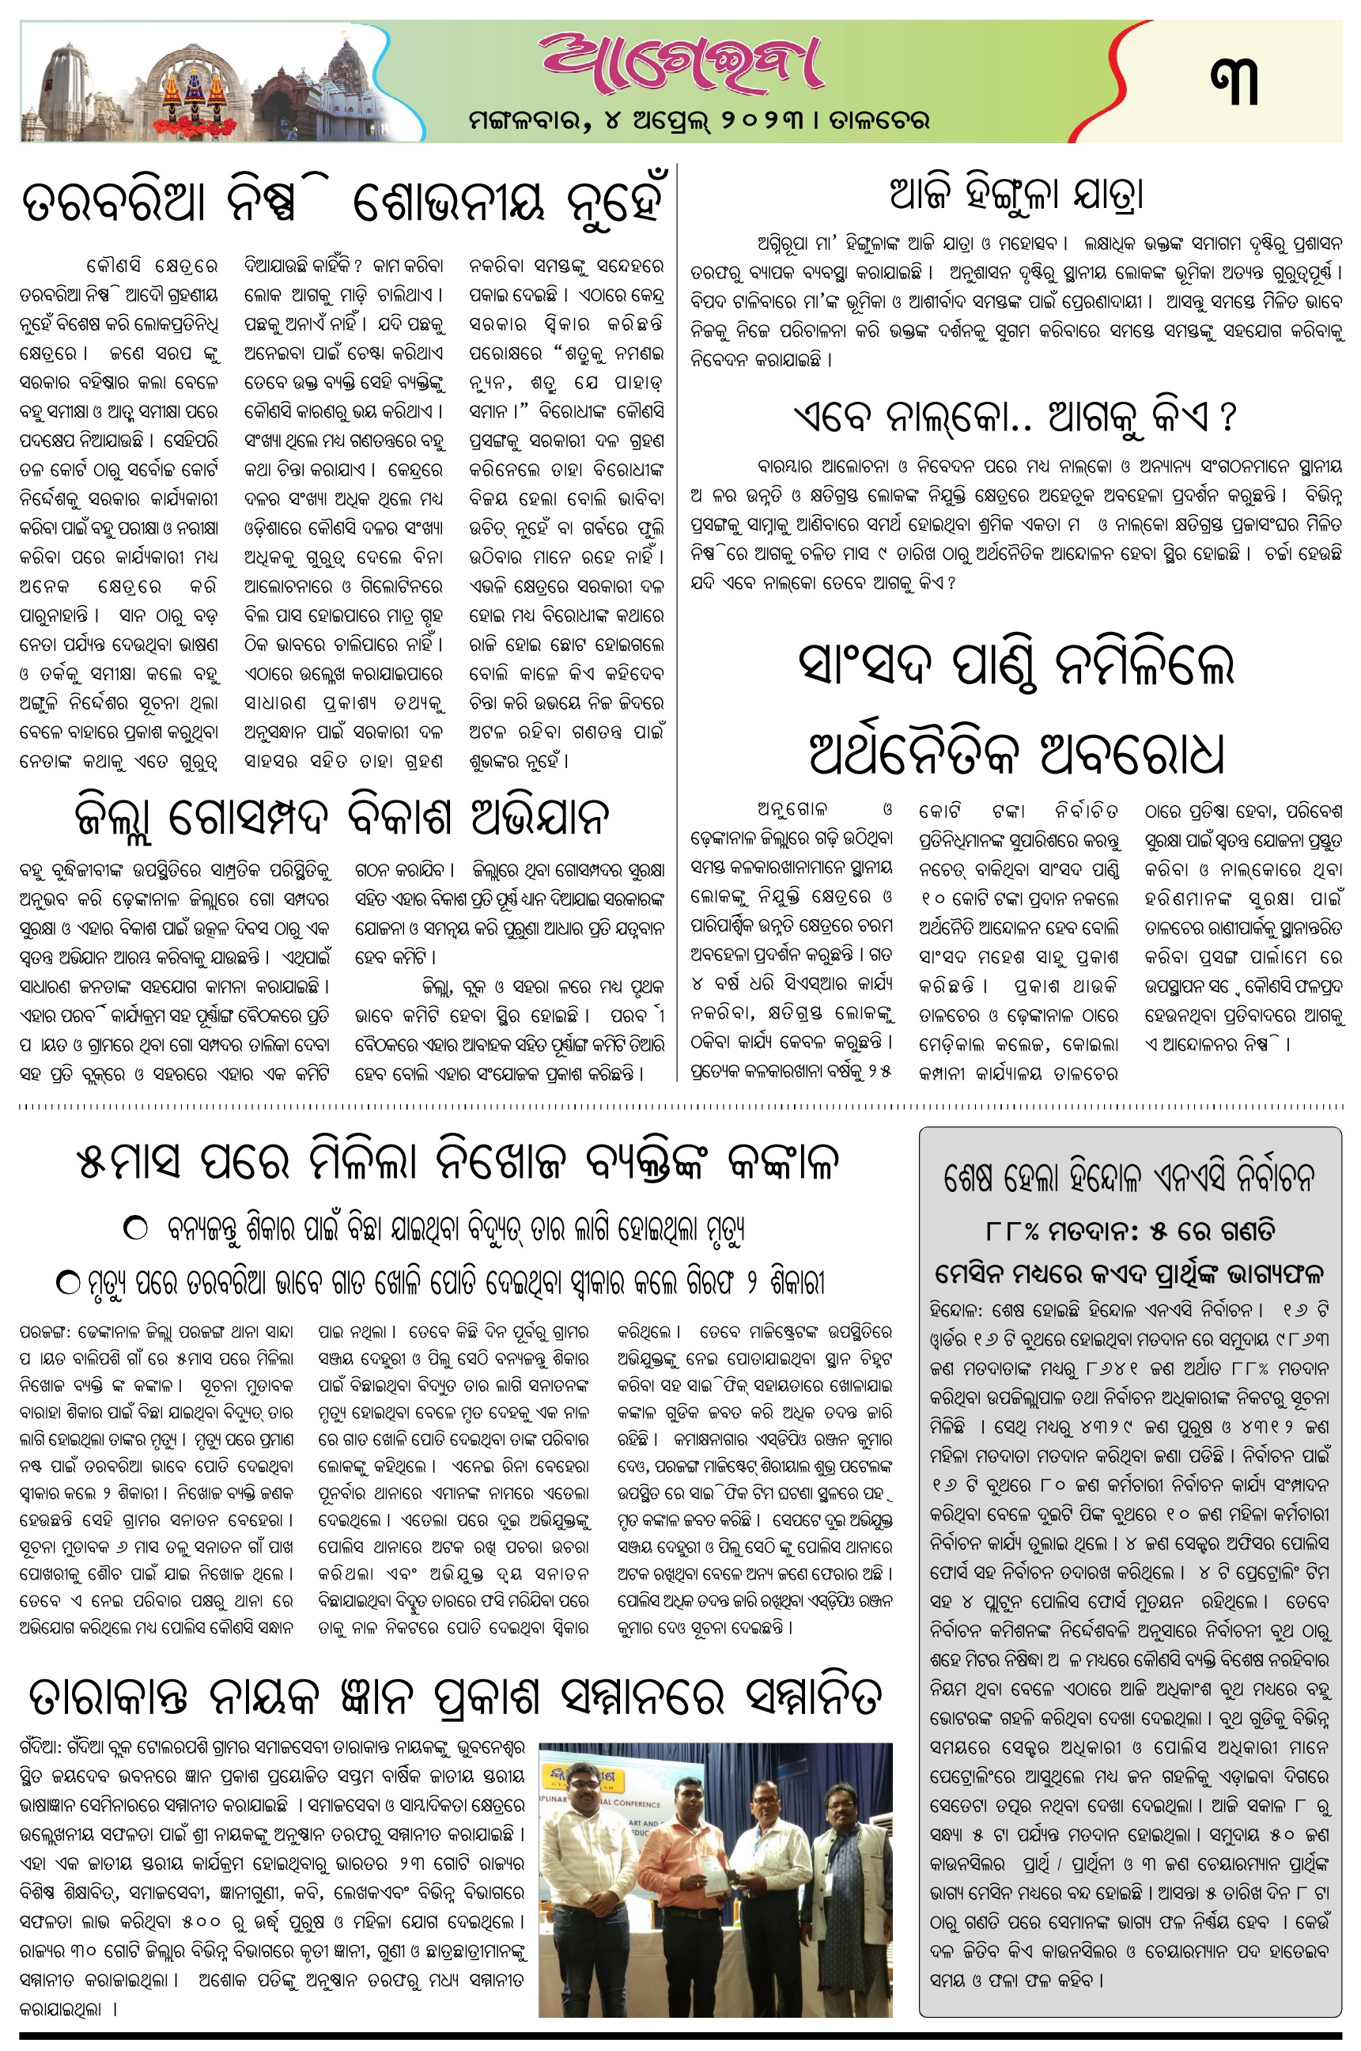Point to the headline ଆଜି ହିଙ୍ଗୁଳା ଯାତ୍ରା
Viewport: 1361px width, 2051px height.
click(x=1016, y=195)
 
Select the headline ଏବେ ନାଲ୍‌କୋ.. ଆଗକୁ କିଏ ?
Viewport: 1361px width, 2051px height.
click(x=1015, y=418)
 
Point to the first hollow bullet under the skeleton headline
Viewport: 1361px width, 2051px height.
click(x=136, y=1229)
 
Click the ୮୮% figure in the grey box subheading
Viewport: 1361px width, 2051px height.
click(x=1012, y=1232)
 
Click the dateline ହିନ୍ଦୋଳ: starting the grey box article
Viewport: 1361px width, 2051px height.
click(x=958, y=1310)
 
